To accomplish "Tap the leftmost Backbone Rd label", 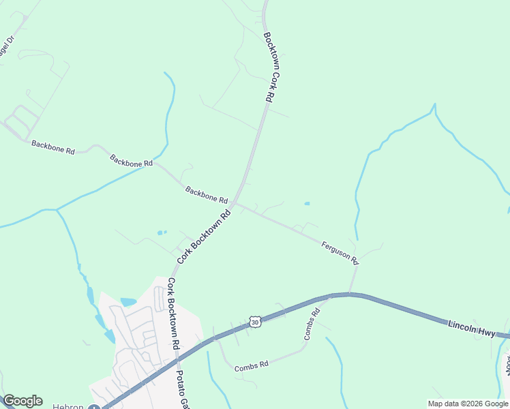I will pyautogui.click(x=52, y=147).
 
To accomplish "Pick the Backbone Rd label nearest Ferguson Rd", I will pyautogui.click(x=206, y=195).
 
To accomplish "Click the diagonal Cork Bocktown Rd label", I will pyautogui.click(x=204, y=237).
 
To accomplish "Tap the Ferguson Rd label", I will pyautogui.click(x=340, y=252).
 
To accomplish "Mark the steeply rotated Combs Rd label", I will pyautogui.click(x=312, y=325).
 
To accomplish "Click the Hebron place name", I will pyautogui.click(x=68, y=406).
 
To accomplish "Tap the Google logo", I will pyautogui.click(x=22, y=401).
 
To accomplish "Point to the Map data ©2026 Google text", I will pyautogui.click(x=467, y=404).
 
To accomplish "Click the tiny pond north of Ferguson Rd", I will pyautogui.click(x=307, y=203).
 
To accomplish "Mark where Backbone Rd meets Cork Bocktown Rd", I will pyautogui.click(x=233, y=203).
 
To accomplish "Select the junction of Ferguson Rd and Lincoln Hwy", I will pyautogui.click(x=350, y=294).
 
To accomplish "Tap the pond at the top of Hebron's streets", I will pyautogui.click(x=128, y=301).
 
